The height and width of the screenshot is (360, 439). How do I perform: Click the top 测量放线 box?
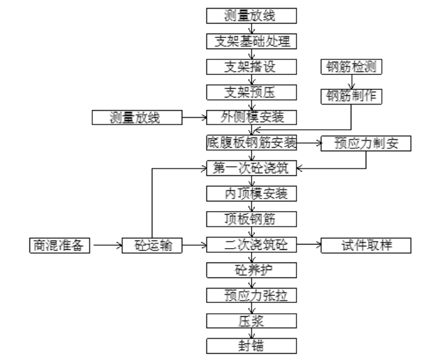pos(252,16)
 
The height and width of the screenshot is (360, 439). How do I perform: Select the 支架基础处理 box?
pos(252,42)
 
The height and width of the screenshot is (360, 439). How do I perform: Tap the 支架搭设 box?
pos(252,67)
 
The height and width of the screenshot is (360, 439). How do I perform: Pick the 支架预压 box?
pos(252,92)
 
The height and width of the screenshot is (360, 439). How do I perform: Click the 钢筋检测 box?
pos(351,67)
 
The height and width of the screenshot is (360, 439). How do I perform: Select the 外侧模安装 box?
pos(252,118)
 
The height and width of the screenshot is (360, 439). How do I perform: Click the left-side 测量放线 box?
pos(136,118)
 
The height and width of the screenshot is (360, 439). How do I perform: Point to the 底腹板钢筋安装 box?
pos(252,143)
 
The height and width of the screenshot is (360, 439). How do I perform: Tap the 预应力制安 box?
pos(366,144)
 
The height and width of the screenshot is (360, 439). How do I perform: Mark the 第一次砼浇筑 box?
pos(252,169)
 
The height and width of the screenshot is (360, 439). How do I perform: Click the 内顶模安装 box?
pos(252,194)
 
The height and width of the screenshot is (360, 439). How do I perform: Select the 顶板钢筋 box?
pos(252,220)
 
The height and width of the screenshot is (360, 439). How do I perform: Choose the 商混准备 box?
pos(59,245)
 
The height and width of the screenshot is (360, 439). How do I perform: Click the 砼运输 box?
pos(152,245)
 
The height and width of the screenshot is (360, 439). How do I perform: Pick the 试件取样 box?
pos(366,245)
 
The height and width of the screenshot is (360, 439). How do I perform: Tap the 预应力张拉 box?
pos(252,296)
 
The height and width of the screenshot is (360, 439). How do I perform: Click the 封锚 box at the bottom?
pos(252,347)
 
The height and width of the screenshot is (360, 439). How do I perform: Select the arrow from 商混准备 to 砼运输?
pos(106,245)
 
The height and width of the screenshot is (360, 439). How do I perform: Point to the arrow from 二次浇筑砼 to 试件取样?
pos(309,245)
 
